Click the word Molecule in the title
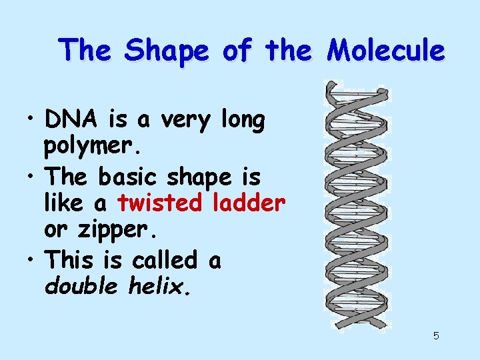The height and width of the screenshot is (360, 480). (385, 50)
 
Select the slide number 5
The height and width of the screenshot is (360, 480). (436, 335)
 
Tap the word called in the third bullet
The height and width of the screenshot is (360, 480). (163, 260)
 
